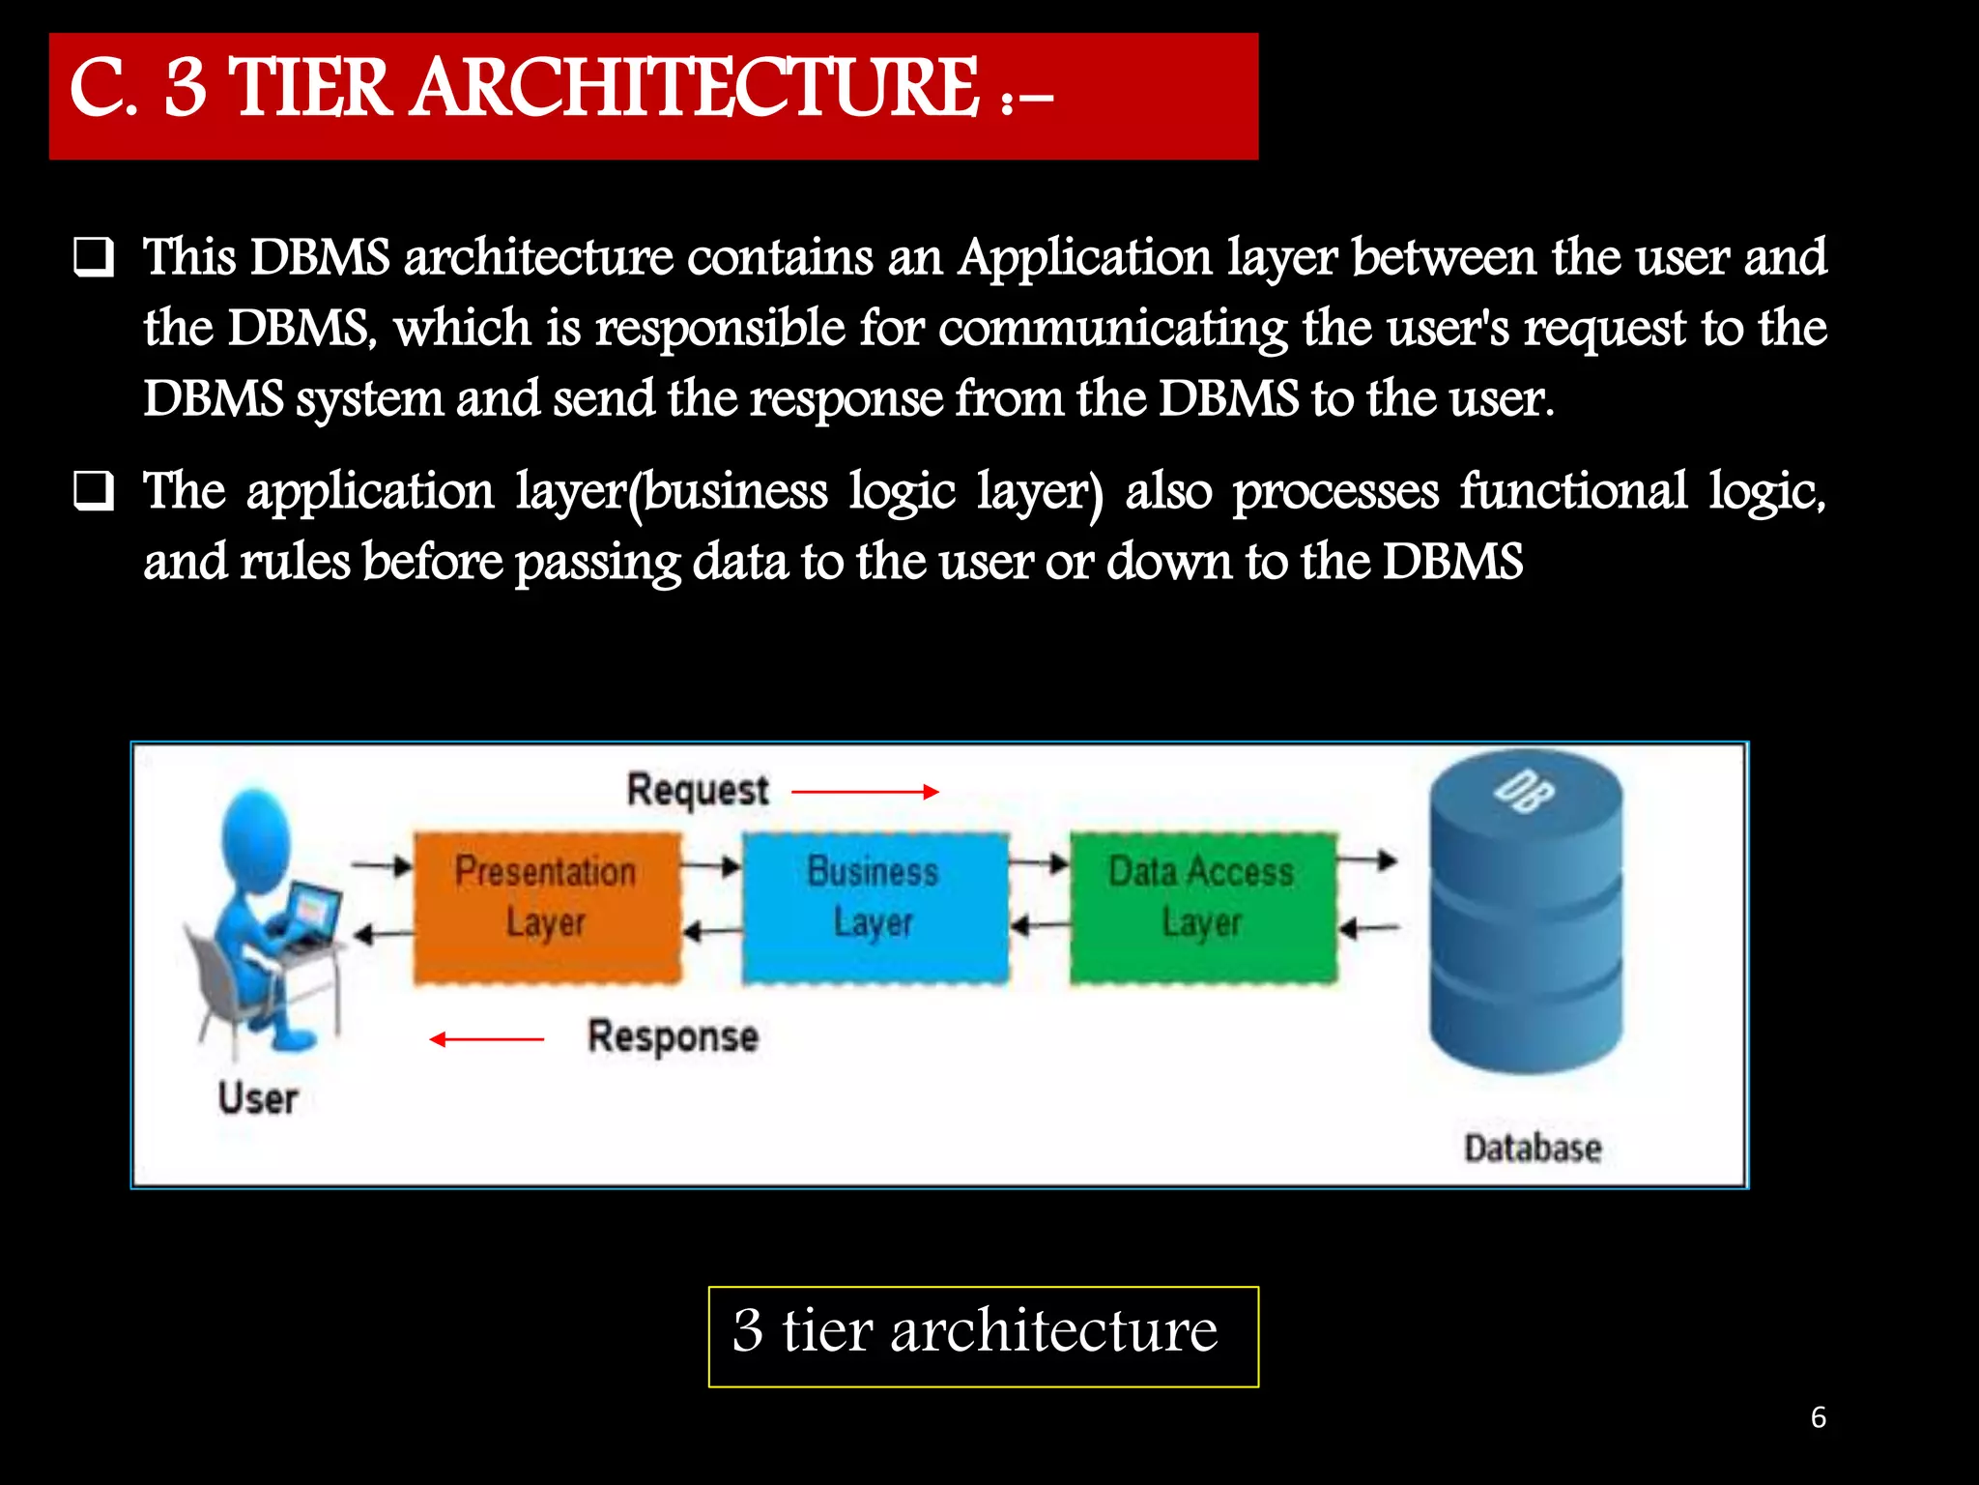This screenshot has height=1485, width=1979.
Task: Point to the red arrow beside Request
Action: tap(865, 792)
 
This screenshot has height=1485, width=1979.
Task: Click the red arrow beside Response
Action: tap(487, 1039)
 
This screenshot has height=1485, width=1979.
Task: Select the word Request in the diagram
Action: tap(698, 790)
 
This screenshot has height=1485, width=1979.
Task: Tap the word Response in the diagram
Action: tap(673, 1036)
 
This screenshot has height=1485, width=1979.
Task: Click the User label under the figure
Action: tap(257, 1099)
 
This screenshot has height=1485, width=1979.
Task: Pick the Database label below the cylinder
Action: tap(1533, 1149)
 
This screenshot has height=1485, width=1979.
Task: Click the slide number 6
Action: tap(1818, 1417)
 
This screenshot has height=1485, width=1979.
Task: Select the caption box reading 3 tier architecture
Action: tap(983, 1335)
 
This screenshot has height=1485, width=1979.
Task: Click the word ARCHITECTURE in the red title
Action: tap(696, 89)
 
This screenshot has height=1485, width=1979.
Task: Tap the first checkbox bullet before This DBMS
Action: tap(94, 258)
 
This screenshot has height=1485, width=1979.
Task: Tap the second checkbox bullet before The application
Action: tap(94, 492)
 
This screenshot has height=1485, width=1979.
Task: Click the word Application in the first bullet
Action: tap(1084, 258)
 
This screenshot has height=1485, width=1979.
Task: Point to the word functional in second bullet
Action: tap(1573, 491)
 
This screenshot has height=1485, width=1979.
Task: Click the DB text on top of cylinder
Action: tap(1524, 792)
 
